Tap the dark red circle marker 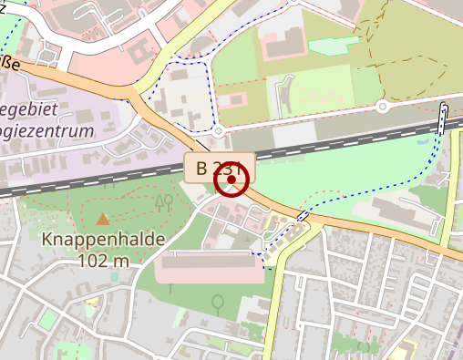231,180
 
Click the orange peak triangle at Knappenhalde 103,219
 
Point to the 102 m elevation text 104,261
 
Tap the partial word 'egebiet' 28,109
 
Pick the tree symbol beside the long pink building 218,301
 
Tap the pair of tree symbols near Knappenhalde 164,201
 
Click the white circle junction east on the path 383,107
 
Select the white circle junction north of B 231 220,132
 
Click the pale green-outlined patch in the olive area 334,46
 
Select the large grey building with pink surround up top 283,40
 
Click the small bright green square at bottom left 46,319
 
